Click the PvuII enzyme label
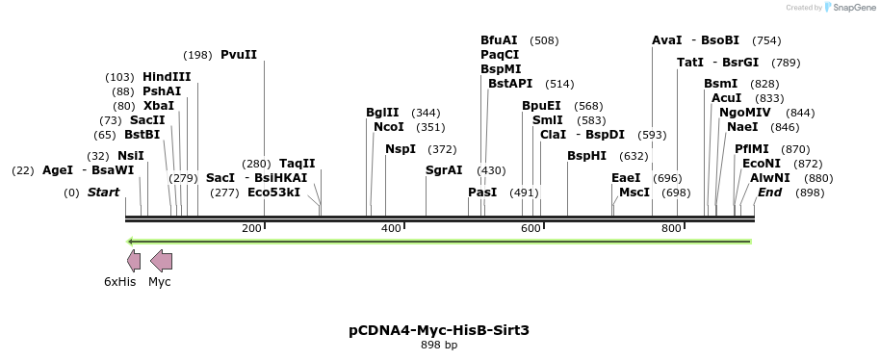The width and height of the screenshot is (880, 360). point(239,55)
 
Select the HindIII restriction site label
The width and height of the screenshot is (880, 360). point(167,77)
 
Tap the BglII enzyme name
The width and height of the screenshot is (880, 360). point(382,113)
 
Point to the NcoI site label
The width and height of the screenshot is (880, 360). point(389,127)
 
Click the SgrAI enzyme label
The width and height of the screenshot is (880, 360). point(444,170)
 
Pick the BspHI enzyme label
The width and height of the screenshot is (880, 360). point(586,156)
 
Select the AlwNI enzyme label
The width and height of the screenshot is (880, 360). point(770,178)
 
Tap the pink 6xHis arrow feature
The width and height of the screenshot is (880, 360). point(134,260)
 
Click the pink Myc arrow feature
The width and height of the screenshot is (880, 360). point(162,260)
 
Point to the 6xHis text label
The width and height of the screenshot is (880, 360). point(120,282)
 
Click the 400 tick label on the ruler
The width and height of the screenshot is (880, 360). point(391,228)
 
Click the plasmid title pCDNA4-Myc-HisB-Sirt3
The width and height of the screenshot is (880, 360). point(439,330)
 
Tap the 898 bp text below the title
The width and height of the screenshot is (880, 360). point(439,345)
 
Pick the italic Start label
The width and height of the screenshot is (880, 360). point(103,193)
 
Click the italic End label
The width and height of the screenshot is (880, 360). point(769,193)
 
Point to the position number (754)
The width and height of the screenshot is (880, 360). point(766,40)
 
